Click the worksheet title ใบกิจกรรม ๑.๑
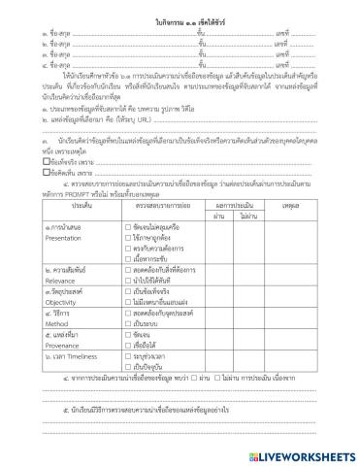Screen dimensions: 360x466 tap(180, 20)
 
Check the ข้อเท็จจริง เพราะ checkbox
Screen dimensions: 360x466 tap(34, 164)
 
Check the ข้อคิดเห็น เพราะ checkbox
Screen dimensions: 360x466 tap(34, 175)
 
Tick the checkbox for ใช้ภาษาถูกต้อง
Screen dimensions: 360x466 tap(128, 236)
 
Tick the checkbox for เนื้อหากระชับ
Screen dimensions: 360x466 tap(128, 259)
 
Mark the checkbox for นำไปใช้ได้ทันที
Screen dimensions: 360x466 tap(128, 282)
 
